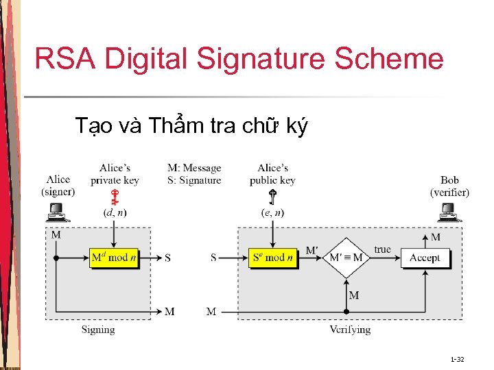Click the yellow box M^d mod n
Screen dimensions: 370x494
(115, 258)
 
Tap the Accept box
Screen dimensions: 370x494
(425, 258)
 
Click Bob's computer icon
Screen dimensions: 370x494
(450, 214)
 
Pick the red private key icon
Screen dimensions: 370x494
(115, 197)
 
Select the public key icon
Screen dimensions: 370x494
(272, 197)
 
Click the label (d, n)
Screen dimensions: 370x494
(115, 213)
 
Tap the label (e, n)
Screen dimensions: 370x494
(272, 213)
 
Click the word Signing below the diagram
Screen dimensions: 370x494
(98, 330)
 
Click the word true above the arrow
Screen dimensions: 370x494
(383, 249)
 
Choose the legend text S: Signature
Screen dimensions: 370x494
(194, 180)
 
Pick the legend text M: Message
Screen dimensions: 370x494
(194, 168)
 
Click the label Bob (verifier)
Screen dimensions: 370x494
(449, 186)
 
